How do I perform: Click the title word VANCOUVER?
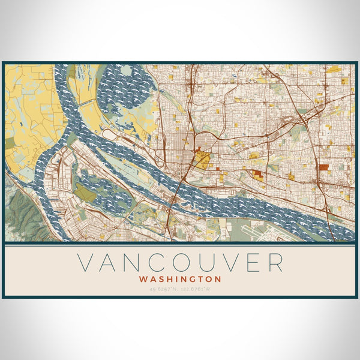click(x=180, y=262)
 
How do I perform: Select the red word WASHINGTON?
click(x=180, y=279)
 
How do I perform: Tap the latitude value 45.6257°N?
click(x=164, y=290)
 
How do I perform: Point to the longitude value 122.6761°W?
click(x=197, y=290)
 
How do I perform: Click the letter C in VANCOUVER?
click(x=156, y=262)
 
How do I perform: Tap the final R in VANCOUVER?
click(x=274, y=262)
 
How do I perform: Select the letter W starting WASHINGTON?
click(x=143, y=279)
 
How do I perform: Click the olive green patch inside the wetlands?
click(x=85, y=193)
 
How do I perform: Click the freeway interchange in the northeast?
click(x=303, y=120)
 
